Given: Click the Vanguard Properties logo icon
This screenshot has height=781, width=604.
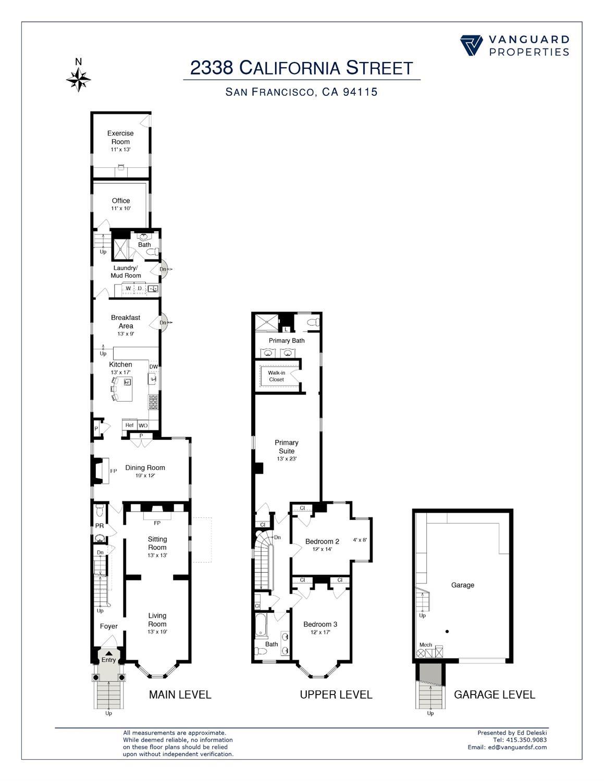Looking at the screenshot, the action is tap(471, 46).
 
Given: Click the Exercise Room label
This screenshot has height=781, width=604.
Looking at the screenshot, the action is tap(120, 138).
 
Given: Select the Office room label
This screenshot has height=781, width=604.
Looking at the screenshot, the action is tap(121, 201).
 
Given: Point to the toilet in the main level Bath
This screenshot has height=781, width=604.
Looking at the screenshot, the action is tap(153, 252).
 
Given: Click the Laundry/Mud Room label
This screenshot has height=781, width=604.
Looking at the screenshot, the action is tap(126, 271).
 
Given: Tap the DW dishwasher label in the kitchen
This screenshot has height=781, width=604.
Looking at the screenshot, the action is tap(154, 367).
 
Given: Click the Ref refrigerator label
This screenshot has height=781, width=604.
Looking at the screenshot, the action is tap(129, 425).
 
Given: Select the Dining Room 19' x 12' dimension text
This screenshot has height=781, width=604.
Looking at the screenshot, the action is tap(145, 476).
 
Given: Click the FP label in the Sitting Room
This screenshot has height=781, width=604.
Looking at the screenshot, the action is tap(157, 523).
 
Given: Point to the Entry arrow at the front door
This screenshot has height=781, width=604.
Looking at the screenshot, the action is tap(108, 653).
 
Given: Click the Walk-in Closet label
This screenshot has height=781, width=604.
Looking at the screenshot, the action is tap(277, 376).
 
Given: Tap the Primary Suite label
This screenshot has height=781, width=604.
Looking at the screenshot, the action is tap(287, 447).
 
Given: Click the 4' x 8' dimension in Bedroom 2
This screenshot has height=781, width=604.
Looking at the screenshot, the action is tap(360, 540).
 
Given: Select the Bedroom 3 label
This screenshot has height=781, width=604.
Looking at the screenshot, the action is tap(321, 624).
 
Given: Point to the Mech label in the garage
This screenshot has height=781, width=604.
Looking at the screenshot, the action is tap(426, 645).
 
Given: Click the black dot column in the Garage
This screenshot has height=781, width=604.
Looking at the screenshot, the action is tap(447, 631).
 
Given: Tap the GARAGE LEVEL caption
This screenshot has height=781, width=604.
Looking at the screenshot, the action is tap(495, 695).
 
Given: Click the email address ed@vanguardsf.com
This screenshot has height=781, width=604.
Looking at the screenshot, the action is tap(517, 747).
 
